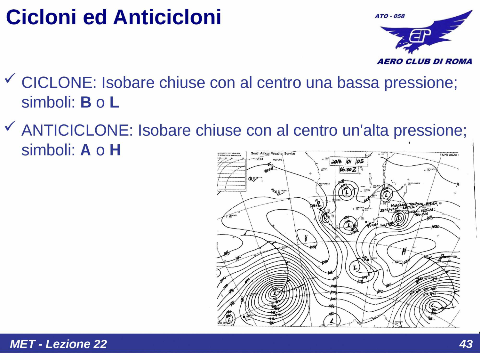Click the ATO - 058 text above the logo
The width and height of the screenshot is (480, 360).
point(390,16)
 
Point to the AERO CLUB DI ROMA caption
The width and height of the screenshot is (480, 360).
point(424,61)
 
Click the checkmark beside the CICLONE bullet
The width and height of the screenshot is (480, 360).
point(10,78)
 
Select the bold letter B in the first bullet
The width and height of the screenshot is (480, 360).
point(86,102)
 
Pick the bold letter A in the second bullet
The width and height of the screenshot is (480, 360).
point(85,150)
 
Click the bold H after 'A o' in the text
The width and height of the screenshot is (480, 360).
point(115,150)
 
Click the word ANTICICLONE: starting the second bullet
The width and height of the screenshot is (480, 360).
point(77,131)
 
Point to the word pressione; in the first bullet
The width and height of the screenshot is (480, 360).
point(421,83)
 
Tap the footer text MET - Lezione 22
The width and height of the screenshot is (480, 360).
point(58,344)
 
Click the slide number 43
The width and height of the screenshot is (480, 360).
point(466,344)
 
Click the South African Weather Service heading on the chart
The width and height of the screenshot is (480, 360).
point(273,154)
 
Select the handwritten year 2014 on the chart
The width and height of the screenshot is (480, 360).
point(336,162)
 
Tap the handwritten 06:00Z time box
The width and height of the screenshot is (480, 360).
point(348,170)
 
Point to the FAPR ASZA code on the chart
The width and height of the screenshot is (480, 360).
point(449,155)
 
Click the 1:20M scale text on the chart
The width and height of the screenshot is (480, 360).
point(259,159)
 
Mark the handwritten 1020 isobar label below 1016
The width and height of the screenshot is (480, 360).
point(435,227)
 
